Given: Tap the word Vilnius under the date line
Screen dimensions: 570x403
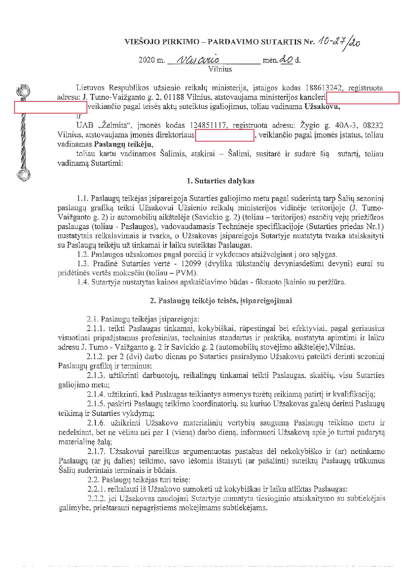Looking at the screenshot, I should click(x=220, y=69).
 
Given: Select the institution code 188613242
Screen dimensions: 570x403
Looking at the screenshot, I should click(x=325, y=88).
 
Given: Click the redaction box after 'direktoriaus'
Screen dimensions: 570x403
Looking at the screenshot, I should click(x=225, y=135).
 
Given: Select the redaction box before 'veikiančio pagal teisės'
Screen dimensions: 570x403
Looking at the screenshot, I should click(x=50, y=107).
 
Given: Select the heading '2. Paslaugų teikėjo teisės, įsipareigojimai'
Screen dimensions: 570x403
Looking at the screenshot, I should click(x=221, y=301).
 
